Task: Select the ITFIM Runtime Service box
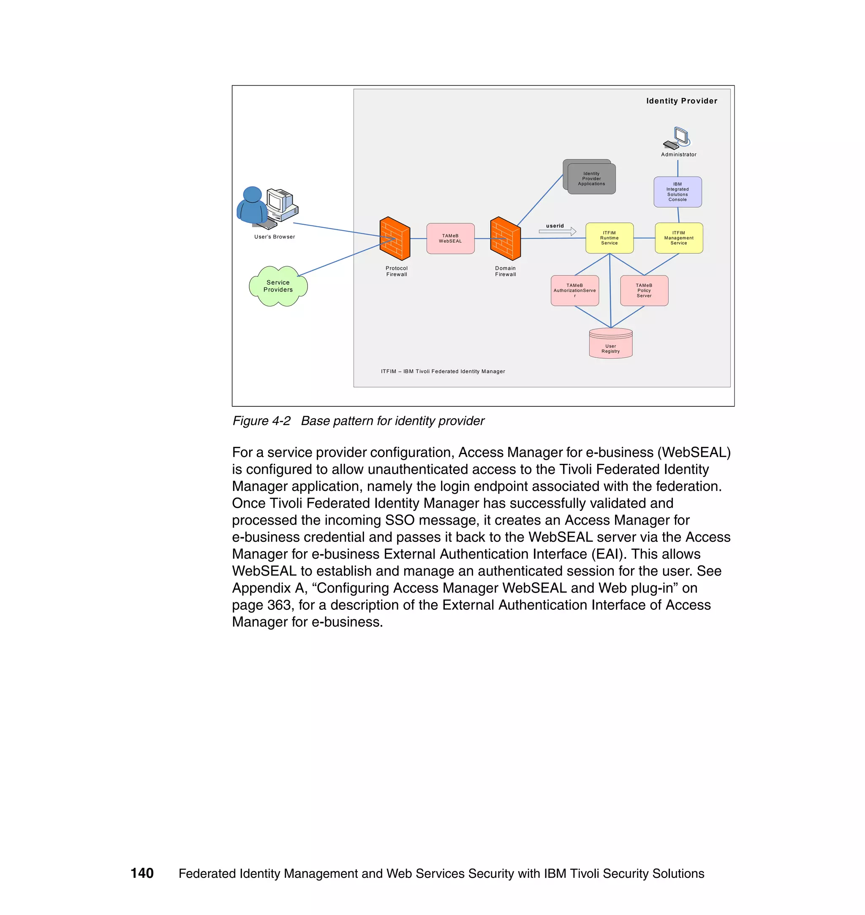coord(609,238)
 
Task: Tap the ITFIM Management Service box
coord(679,238)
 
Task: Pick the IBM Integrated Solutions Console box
coord(677,192)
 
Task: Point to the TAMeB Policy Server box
coord(644,290)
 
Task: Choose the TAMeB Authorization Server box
coord(574,290)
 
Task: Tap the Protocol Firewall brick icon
coord(394,238)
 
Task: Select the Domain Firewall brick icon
coord(505,238)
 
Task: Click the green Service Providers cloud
coord(278,286)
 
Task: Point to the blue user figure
coord(252,206)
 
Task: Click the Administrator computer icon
coord(677,138)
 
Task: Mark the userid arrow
coord(558,231)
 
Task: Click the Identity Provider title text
coord(682,101)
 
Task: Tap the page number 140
coord(142,873)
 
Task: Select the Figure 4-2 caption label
coord(261,421)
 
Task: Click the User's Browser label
coord(275,237)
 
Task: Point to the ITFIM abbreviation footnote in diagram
coord(443,371)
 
